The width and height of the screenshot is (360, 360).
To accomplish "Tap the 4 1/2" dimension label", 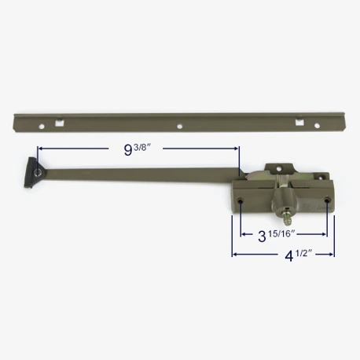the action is tap(298, 255).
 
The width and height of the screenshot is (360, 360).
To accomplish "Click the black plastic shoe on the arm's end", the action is tap(34, 172).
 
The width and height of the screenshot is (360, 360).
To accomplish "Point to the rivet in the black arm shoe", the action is tap(39, 172).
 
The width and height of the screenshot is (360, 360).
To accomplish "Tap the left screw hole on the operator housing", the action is tap(240, 200).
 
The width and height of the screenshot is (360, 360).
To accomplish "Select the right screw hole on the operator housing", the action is tap(326, 200).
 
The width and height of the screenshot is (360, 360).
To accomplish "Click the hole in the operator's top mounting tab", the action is tap(280, 167).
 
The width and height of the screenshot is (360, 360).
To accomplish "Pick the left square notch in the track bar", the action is tap(60, 123).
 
